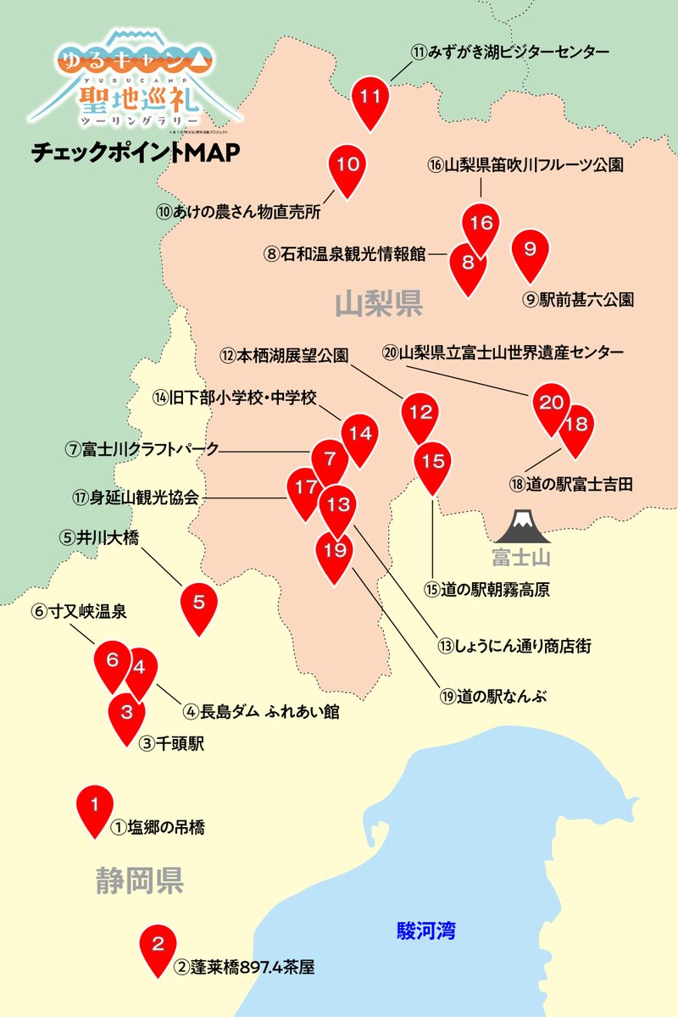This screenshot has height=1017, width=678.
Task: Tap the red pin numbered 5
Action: coord(199,603)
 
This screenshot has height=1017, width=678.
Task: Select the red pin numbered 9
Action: coord(531,250)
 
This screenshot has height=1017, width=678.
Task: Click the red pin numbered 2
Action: coord(157,944)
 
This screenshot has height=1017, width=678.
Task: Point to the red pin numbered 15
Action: coord(433,463)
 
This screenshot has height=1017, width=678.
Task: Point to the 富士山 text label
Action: coord(522,557)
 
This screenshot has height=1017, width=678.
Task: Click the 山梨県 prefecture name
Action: coord(378,303)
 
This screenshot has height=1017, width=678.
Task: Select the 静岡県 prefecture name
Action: coord(139,881)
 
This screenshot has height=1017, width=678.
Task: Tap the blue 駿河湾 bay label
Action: coord(426,931)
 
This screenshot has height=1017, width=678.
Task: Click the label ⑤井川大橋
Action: coord(98,537)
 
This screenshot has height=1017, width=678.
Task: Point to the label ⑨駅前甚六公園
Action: coord(578,299)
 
